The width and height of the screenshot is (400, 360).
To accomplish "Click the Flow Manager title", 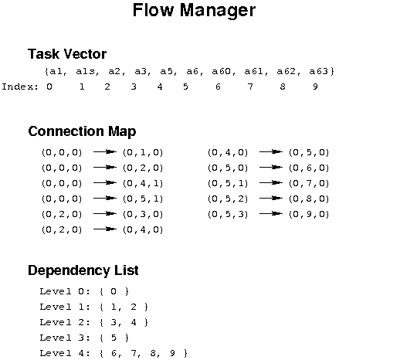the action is click(x=194, y=10).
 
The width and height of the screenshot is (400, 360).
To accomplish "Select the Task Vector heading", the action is click(x=67, y=54).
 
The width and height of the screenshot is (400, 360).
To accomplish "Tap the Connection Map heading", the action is click(x=82, y=131).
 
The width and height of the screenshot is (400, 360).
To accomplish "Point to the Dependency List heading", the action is click(x=83, y=270).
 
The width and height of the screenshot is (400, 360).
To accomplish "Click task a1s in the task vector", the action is click(x=87, y=71).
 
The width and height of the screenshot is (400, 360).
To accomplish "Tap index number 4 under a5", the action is click(x=160, y=87).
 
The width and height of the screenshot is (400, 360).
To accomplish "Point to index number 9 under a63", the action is click(x=315, y=87).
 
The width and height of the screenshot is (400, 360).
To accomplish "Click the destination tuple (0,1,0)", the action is click(x=143, y=152).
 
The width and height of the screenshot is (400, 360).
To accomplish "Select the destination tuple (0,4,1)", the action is click(x=143, y=183).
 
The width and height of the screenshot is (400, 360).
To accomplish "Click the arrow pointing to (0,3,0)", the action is click(x=105, y=213).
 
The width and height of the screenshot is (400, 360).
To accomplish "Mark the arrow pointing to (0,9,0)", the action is click(x=271, y=213).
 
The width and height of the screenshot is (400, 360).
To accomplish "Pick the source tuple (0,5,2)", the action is click(x=228, y=199).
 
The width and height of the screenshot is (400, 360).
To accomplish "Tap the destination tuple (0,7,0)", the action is click(x=309, y=183).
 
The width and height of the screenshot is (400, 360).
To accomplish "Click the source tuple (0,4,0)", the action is click(x=228, y=152).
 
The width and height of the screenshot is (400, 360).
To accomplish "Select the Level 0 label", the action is click(x=65, y=291).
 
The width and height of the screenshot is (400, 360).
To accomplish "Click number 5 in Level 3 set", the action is click(x=114, y=338).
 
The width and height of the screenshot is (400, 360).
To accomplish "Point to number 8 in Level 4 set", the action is click(x=153, y=353).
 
